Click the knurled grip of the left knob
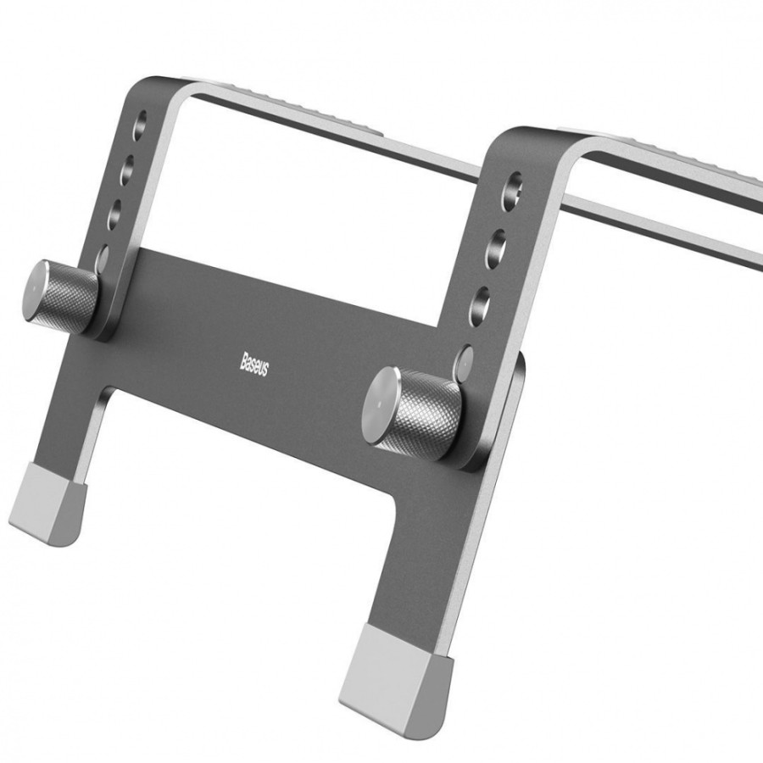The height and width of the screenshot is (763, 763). [73, 298]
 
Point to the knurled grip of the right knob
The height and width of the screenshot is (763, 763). [428, 415]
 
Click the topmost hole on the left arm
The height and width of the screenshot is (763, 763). [139, 125]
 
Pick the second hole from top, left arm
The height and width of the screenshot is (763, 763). [127, 170]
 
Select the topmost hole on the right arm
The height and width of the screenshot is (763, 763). [512, 192]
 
